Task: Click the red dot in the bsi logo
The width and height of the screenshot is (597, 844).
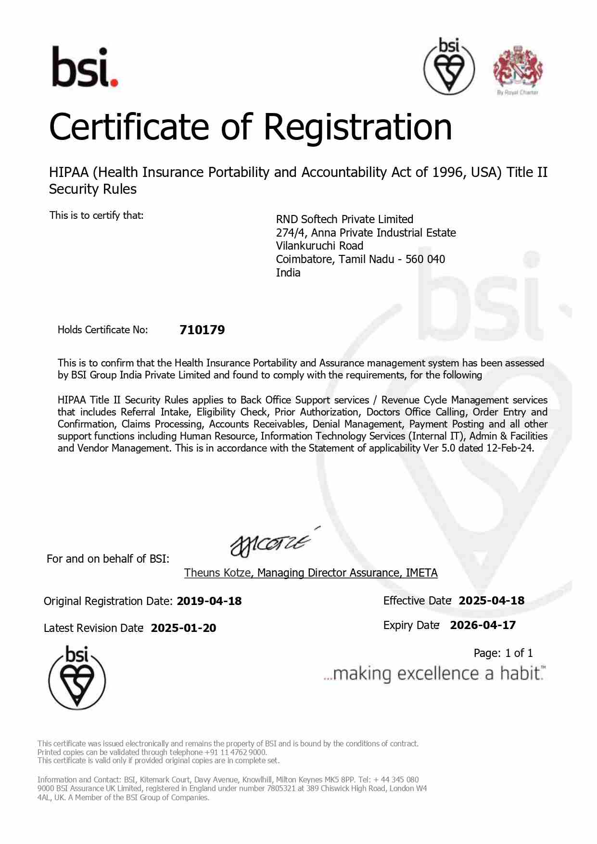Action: pyautogui.click(x=114, y=83)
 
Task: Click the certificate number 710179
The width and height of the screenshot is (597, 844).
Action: pyautogui.click(x=202, y=330)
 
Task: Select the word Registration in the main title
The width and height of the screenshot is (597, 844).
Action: pyautogui.click(x=357, y=127)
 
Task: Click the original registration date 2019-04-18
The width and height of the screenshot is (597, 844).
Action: pyautogui.click(x=209, y=601)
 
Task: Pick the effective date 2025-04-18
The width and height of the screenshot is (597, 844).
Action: pyautogui.click(x=491, y=601)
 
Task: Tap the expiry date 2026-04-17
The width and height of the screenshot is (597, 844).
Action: pyautogui.click(x=483, y=625)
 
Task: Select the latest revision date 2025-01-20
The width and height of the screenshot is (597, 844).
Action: pyautogui.click(x=183, y=628)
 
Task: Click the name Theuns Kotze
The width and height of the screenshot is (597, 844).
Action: pyautogui.click(x=217, y=573)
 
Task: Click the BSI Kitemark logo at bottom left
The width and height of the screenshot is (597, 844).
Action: pyautogui.click(x=77, y=678)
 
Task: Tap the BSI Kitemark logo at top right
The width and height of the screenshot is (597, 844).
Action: pyautogui.click(x=449, y=66)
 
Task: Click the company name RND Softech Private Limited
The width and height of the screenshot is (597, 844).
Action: pyautogui.click(x=344, y=219)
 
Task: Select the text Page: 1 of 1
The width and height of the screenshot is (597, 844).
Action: pyautogui.click(x=503, y=653)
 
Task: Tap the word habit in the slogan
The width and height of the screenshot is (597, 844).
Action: pyautogui.click(x=520, y=673)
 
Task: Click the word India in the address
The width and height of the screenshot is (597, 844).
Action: pyautogui.click(x=288, y=273)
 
